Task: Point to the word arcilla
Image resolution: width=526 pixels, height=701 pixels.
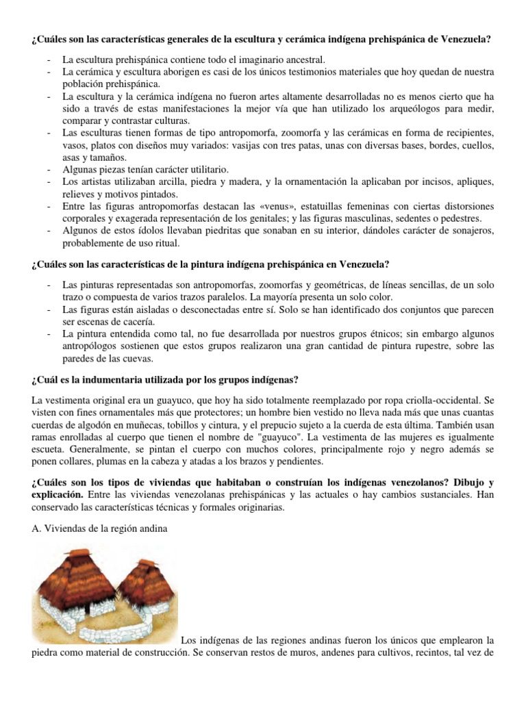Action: click(169, 181)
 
